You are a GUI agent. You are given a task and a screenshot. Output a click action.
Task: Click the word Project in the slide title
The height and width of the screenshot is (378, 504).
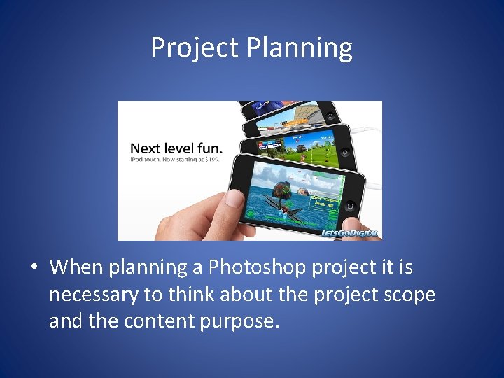[x=195, y=48]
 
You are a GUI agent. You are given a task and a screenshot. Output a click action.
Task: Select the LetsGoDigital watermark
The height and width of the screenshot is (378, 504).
[x=350, y=233]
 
